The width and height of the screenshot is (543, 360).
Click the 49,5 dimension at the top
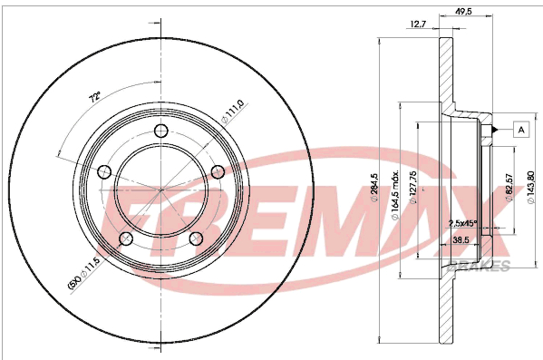(x=463, y=12)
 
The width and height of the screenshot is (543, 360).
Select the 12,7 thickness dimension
(x=418, y=24)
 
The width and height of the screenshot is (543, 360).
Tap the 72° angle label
(x=95, y=97)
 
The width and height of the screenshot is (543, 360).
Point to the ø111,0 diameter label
(x=233, y=112)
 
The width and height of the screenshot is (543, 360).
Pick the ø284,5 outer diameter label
(x=374, y=187)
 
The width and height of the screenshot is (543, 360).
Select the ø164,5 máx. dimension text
(x=395, y=194)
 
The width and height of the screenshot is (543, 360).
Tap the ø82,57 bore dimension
(x=509, y=188)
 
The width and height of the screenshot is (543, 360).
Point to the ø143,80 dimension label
(x=531, y=188)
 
